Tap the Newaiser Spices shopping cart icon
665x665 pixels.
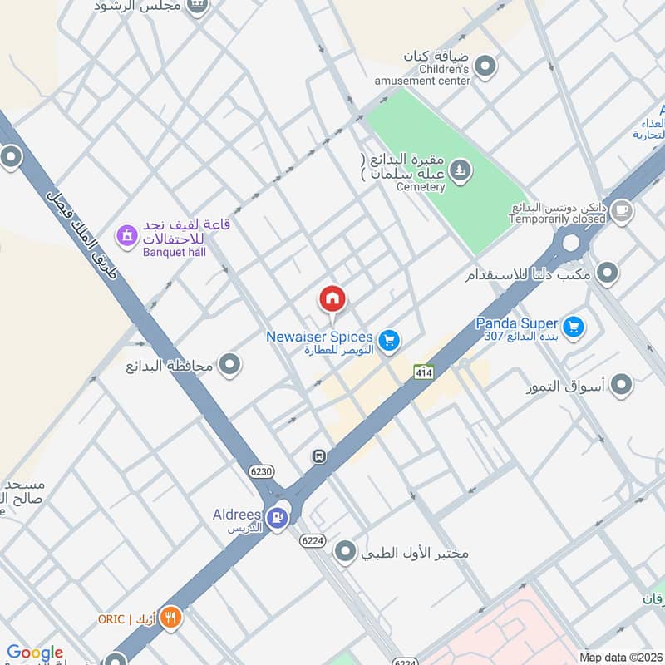[x=388, y=340]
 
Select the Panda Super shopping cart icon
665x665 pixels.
[x=573, y=328]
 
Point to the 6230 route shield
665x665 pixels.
[x=261, y=470]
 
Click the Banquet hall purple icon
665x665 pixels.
[x=126, y=238]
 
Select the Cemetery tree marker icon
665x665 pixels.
[x=461, y=172]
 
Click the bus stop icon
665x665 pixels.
[x=318, y=456]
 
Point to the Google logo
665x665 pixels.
[x=35, y=653]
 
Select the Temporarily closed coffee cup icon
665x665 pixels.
[x=621, y=212]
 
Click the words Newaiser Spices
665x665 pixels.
[x=319, y=337]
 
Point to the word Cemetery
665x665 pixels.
[x=421, y=187]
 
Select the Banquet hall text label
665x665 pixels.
[x=174, y=251]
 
